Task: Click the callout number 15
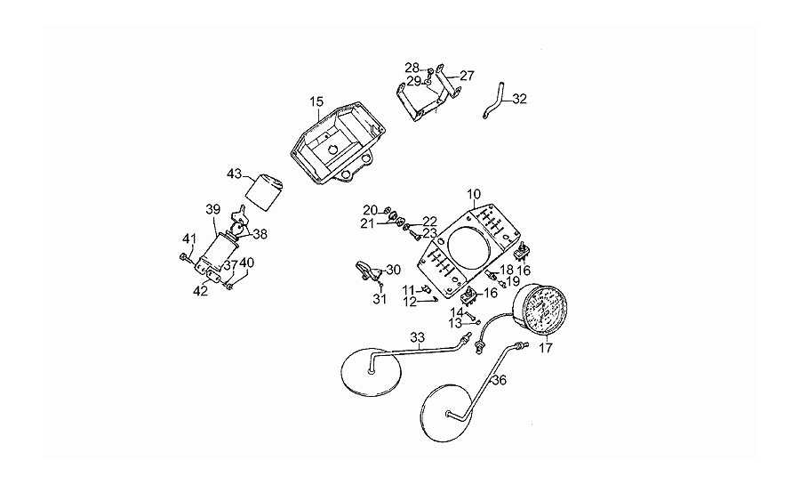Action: pos(316,102)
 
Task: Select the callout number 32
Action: pos(520,99)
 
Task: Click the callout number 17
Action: pos(545,348)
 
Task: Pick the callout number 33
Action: pos(418,337)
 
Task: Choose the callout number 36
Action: pos(499,381)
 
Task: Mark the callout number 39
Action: pos(212,209)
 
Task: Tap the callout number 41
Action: pos(188,238)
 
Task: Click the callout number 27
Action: pos(467,76)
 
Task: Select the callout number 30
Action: pos(393,269)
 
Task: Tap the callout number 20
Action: pos(369,209)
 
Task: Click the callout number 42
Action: pos(201,291)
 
